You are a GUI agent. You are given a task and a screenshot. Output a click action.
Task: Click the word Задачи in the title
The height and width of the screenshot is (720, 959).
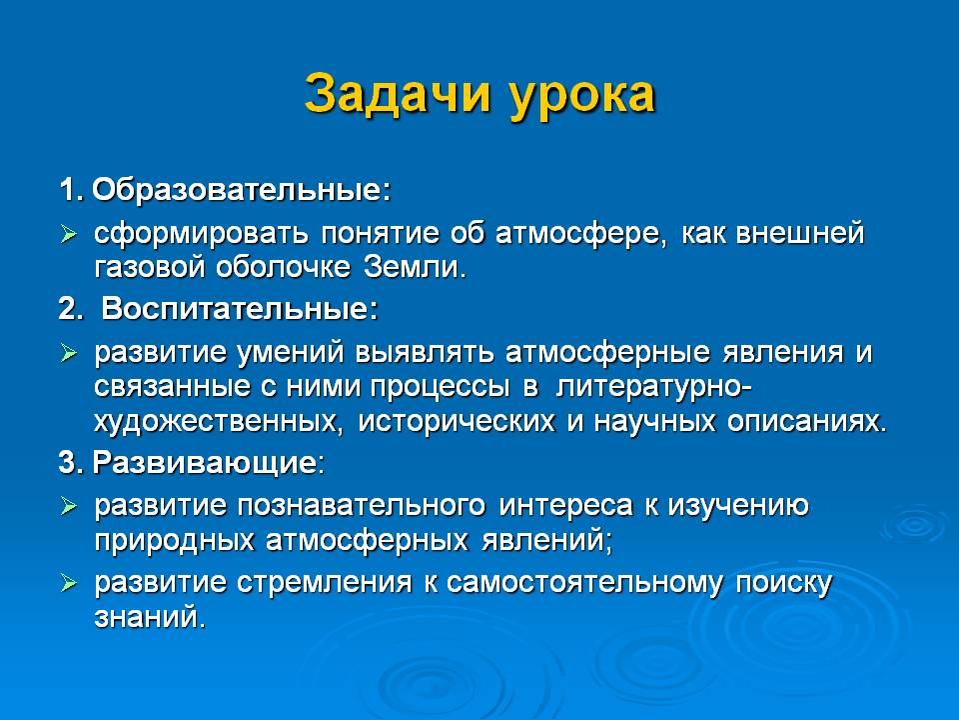pyautogui.click(x=398, y=95)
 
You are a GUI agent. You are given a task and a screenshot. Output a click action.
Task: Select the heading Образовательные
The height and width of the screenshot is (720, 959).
pyautogui.click(x=241, y=190)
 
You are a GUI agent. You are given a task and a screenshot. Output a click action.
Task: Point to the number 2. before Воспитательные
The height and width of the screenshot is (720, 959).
pyautogui.click(x=70, y=308)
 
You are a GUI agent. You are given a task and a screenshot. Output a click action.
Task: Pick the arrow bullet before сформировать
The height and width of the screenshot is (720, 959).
pyautogui.click(x=69, y=234)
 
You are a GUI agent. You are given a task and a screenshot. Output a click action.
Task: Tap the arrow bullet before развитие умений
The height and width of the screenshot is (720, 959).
pyautogui.click(x=69, y=353)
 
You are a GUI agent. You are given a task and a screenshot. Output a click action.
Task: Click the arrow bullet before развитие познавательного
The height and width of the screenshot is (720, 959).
pyautogui.click(x=69, y=506)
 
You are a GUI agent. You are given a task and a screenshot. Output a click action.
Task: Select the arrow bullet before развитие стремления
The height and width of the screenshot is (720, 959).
pyautogui.click(x=69, y=583)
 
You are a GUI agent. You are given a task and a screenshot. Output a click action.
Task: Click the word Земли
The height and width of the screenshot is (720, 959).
pyautogui.click(x=415, y=267)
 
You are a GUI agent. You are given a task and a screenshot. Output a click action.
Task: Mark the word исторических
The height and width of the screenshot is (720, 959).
pyautogui.click(x=457, y=422)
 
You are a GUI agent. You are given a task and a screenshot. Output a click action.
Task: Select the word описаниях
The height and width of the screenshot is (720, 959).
pyautogui.click(x=807, y=421)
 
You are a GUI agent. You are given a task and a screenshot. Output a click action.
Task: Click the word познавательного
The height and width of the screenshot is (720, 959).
pyautogui.click(x=361, y=506)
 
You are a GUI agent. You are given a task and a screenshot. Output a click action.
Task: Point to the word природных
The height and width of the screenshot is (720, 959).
pyautogui.click(x=174, y=541)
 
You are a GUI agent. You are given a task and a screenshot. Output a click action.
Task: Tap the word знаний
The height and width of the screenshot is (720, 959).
pyautogui.click(x=150, y=617)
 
